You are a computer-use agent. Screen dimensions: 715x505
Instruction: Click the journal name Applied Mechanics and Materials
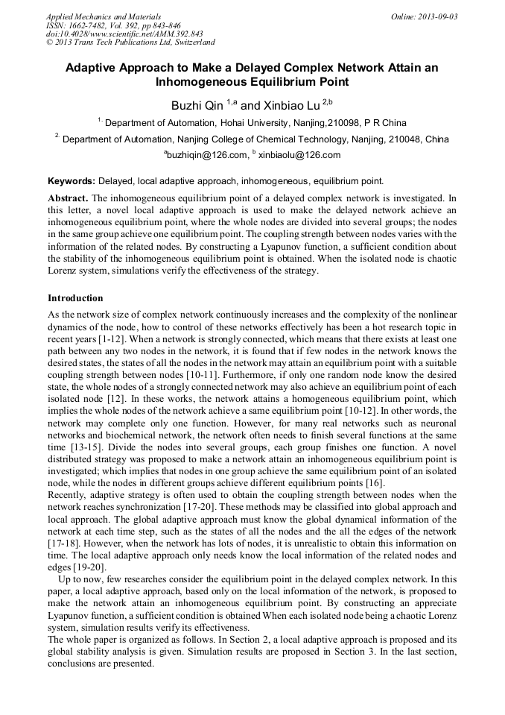pyautogui.click(x=104, y=16)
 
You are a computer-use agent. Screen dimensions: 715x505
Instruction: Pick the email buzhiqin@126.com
pyautogui.click(x=208, y=155)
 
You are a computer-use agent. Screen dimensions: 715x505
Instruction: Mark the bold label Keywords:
pyautogui.click(x=71, y=180)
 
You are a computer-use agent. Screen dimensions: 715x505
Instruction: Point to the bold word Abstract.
pyautogui.click(x=69, y=198)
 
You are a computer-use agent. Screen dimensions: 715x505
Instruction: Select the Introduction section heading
pyautogui.click(x=75, y=298)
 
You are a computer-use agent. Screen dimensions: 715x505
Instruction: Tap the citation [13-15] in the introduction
pyautogui.click(x=86, y=433)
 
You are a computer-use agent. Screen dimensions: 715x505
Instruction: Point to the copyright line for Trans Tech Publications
pyautogui.click(x=131, y=43)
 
